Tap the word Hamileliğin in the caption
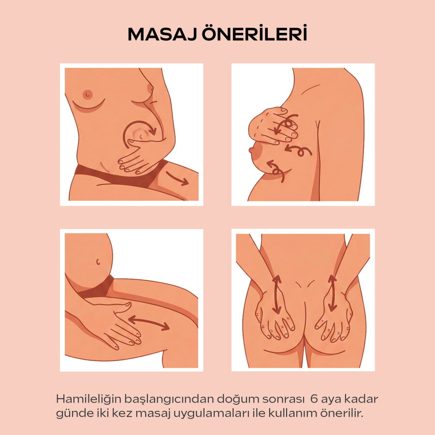[89, 400]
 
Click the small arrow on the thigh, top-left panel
[177, 178]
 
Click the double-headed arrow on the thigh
[149, 323]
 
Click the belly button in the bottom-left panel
[98, 261]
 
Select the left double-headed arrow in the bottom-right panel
[276, 295]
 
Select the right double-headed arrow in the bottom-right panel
[332, 293]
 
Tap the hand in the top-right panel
[273, 127]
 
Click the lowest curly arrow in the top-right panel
[276, 170]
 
